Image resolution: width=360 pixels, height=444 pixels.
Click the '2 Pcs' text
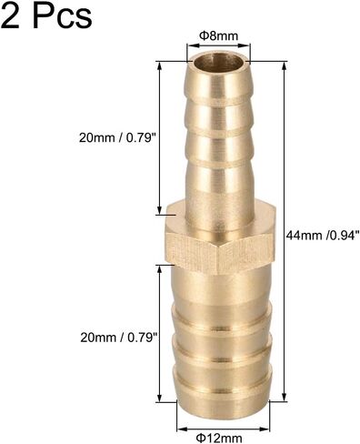coord(46,15)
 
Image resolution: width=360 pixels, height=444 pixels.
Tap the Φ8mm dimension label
coord(218,36)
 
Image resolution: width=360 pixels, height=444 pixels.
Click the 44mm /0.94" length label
coord(323,235)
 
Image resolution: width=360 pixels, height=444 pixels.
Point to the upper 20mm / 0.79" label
coord(116,138)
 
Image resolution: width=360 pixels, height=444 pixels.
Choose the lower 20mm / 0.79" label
coord(118,338)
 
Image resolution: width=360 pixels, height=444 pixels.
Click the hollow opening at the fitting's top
coord(218,62)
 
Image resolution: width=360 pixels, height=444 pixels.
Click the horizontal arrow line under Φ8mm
coord(218,45)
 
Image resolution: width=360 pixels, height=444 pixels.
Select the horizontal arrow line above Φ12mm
coord(223,429)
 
